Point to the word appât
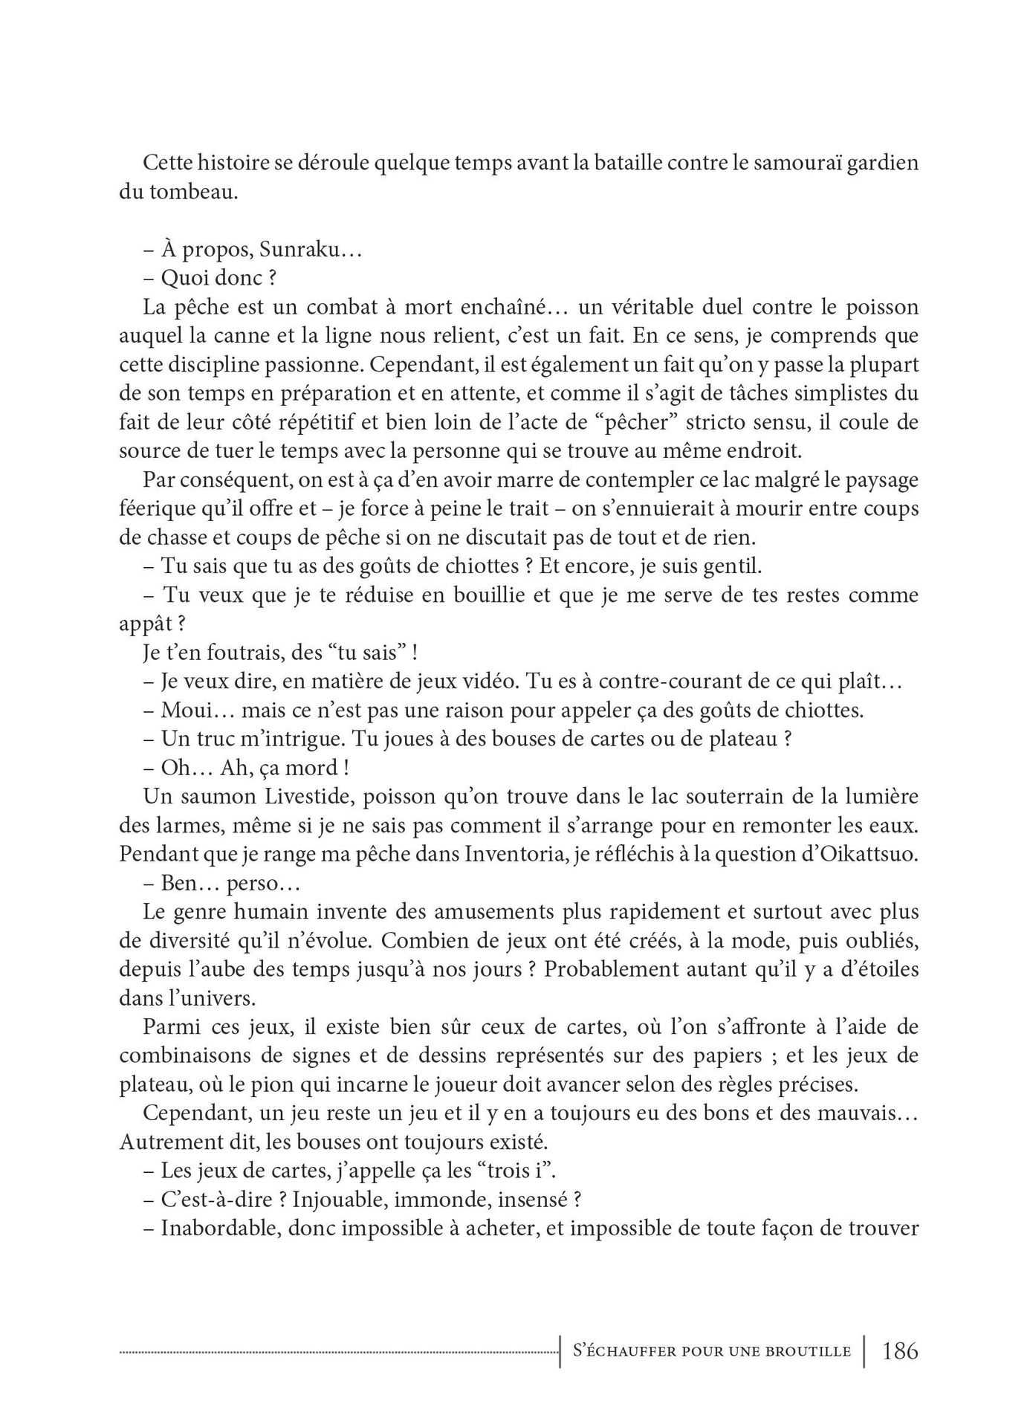click(147, 624)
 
